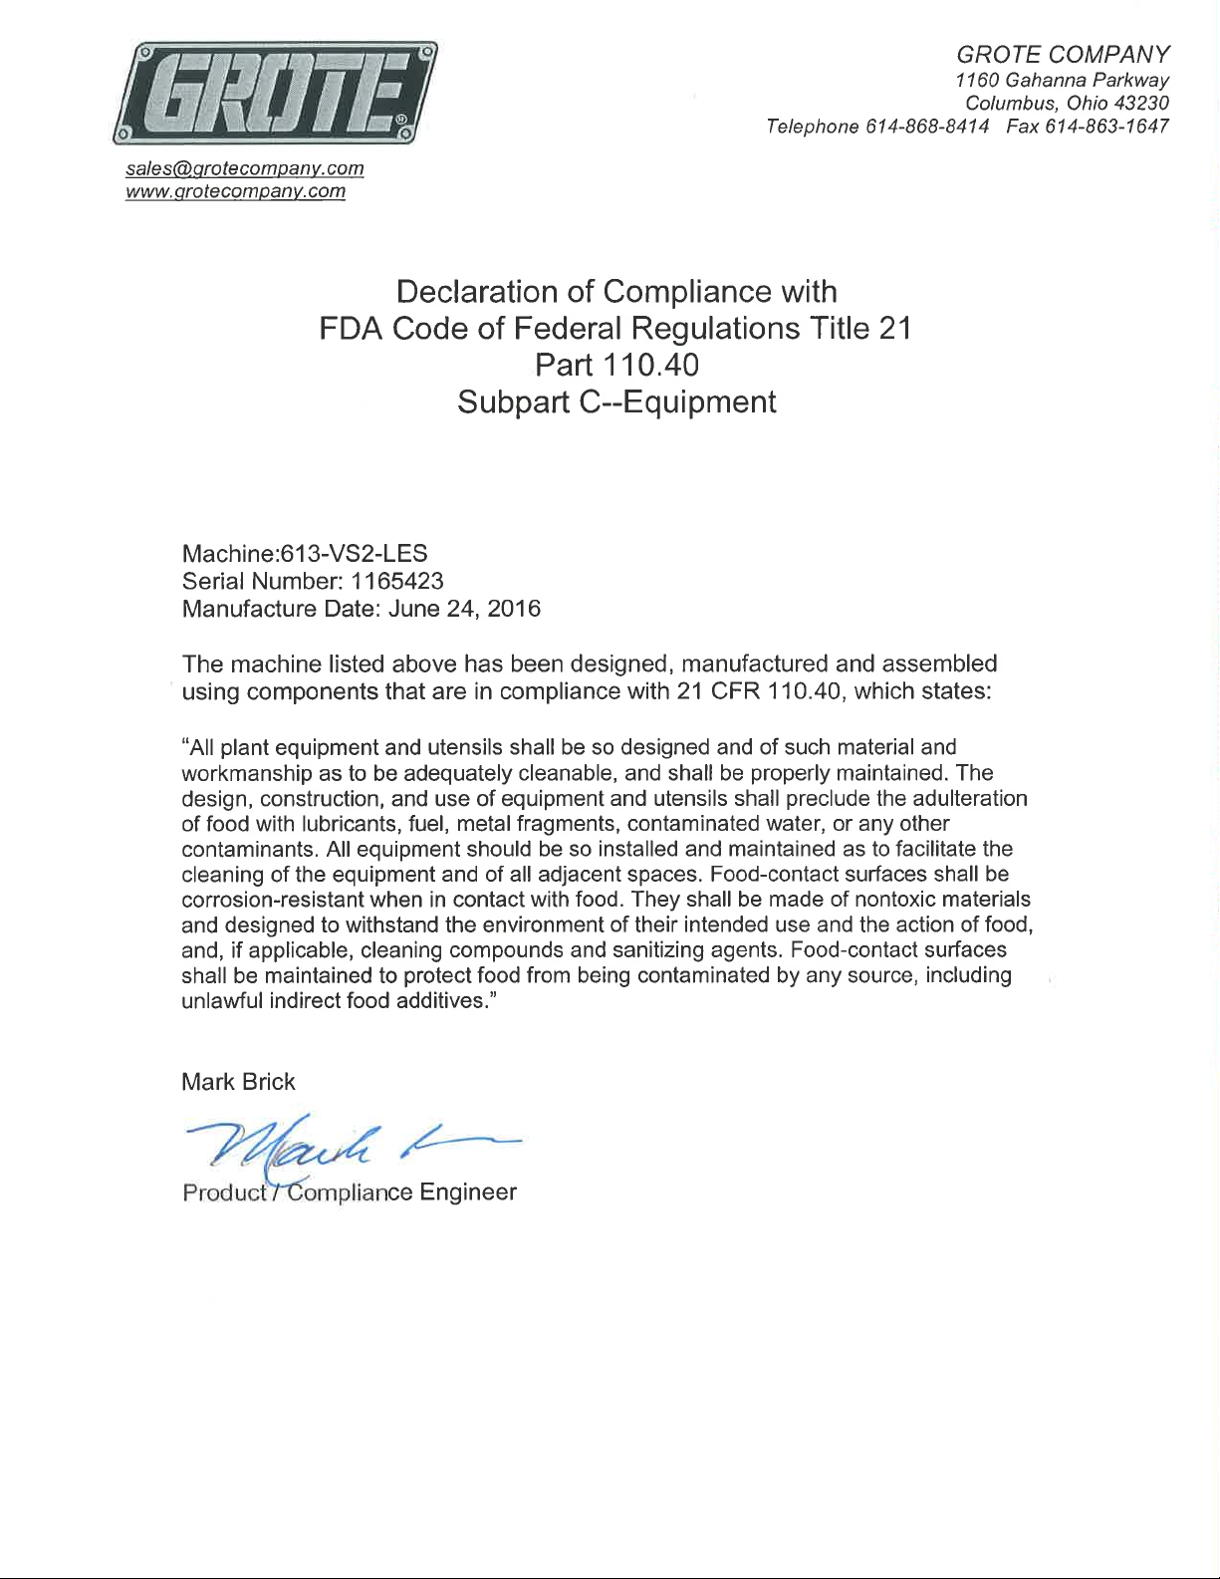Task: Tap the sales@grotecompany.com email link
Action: click(x=244, y=168)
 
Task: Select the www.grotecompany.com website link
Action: click(x=235, y=191)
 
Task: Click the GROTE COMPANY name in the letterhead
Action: click(x=1063, y=54)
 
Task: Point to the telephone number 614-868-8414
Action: click(x=927, y=127)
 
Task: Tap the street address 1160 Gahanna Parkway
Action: click(x=1062, y=80)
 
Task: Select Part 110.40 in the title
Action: click(x=616, y=366)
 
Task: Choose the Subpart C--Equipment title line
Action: click(x=616, y=402)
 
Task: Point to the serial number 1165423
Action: click(x=397, y=581)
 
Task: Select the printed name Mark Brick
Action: click(x=238, y=1082)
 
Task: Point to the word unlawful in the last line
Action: click(x=222, y=1001)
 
